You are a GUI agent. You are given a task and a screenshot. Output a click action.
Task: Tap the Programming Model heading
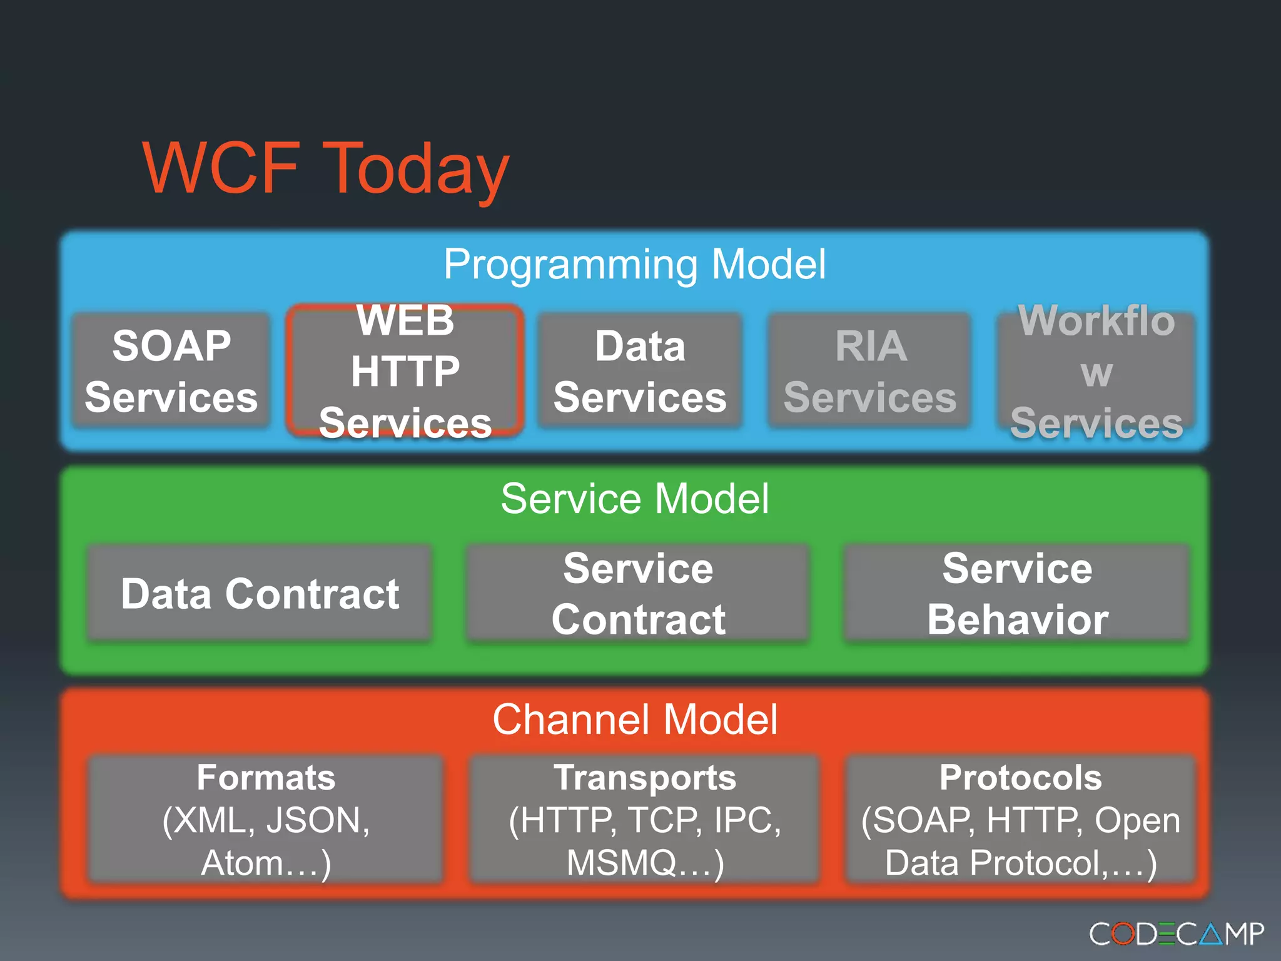634,264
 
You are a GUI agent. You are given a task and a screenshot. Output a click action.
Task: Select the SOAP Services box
171,371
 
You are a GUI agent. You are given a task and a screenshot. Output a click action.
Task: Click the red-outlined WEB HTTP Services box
405,371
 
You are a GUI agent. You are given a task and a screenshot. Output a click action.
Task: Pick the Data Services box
640,371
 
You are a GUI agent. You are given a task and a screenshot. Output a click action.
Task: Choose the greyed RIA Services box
870,371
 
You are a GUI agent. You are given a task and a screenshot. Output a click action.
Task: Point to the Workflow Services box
1096,371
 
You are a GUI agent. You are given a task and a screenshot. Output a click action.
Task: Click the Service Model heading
634,499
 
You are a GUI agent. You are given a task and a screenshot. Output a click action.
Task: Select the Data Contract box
260,593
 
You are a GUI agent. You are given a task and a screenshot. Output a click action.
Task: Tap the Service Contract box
638,593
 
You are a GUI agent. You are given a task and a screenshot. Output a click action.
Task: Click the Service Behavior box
1017,593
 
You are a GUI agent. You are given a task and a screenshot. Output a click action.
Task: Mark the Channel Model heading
634,719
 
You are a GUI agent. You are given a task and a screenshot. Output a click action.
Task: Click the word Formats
266,778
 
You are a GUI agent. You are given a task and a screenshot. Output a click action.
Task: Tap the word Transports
644,778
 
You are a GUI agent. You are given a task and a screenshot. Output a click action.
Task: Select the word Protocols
1020,778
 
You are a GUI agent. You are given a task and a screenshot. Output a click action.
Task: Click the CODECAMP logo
1176,934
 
